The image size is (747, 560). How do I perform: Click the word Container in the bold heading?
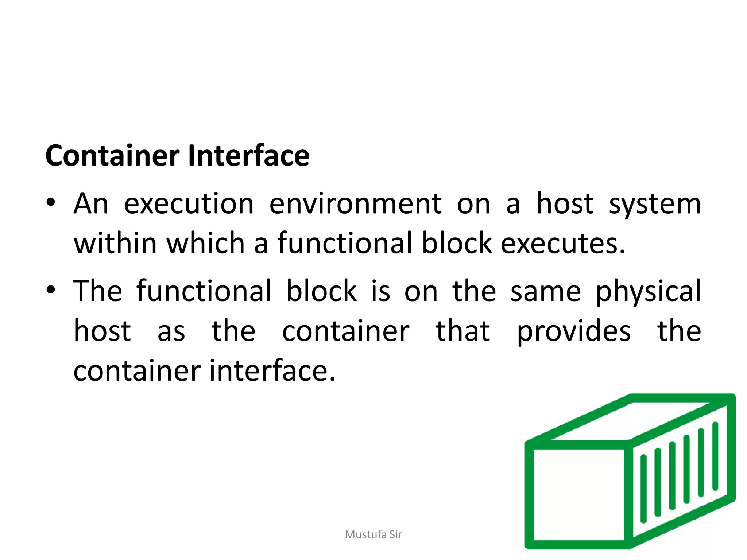point(112,156)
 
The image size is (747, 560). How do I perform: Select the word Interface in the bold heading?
point(248,156)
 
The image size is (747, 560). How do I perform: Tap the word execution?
point(189,204)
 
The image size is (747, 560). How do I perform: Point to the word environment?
point(355,204)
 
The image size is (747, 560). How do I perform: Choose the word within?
point(115,243)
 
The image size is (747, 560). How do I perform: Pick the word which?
point(205,243)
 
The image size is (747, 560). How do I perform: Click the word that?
point(463,331)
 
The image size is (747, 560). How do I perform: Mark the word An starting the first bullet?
point(91,204)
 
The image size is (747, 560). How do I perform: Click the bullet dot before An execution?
point(51,202)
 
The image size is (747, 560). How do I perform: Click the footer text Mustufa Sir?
point(373,534)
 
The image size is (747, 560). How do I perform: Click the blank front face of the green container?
point(578,494)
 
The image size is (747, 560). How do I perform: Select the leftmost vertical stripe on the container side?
point(643,489)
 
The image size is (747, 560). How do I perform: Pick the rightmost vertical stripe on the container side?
point(715,456)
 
